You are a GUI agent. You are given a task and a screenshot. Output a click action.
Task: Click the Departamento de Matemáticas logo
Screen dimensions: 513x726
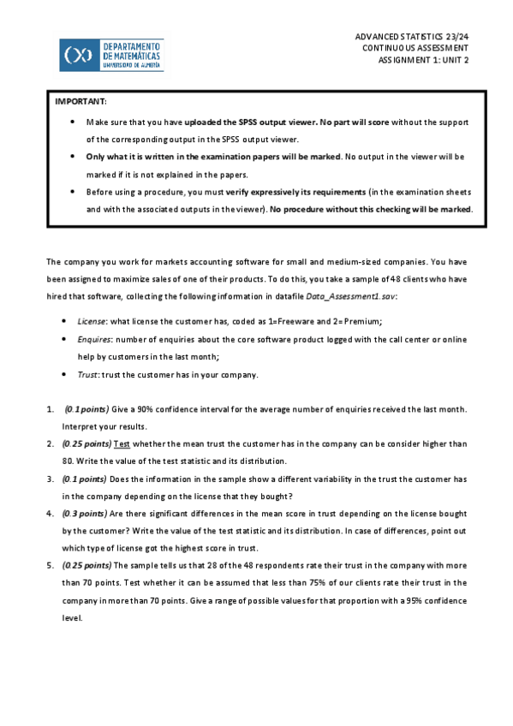coord(111,54)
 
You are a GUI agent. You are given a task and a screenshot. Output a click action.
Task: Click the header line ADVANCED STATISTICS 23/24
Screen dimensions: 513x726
coord(412,38)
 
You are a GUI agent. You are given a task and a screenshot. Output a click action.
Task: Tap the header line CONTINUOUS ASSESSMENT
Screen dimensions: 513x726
coord(415,50)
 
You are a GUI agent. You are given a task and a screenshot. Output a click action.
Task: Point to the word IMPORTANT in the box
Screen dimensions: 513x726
coord(81,102)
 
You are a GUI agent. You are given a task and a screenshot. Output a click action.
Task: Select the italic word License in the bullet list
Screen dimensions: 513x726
coord(90,320)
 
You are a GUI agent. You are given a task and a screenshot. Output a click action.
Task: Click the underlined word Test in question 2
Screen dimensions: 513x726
coord(122,443)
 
